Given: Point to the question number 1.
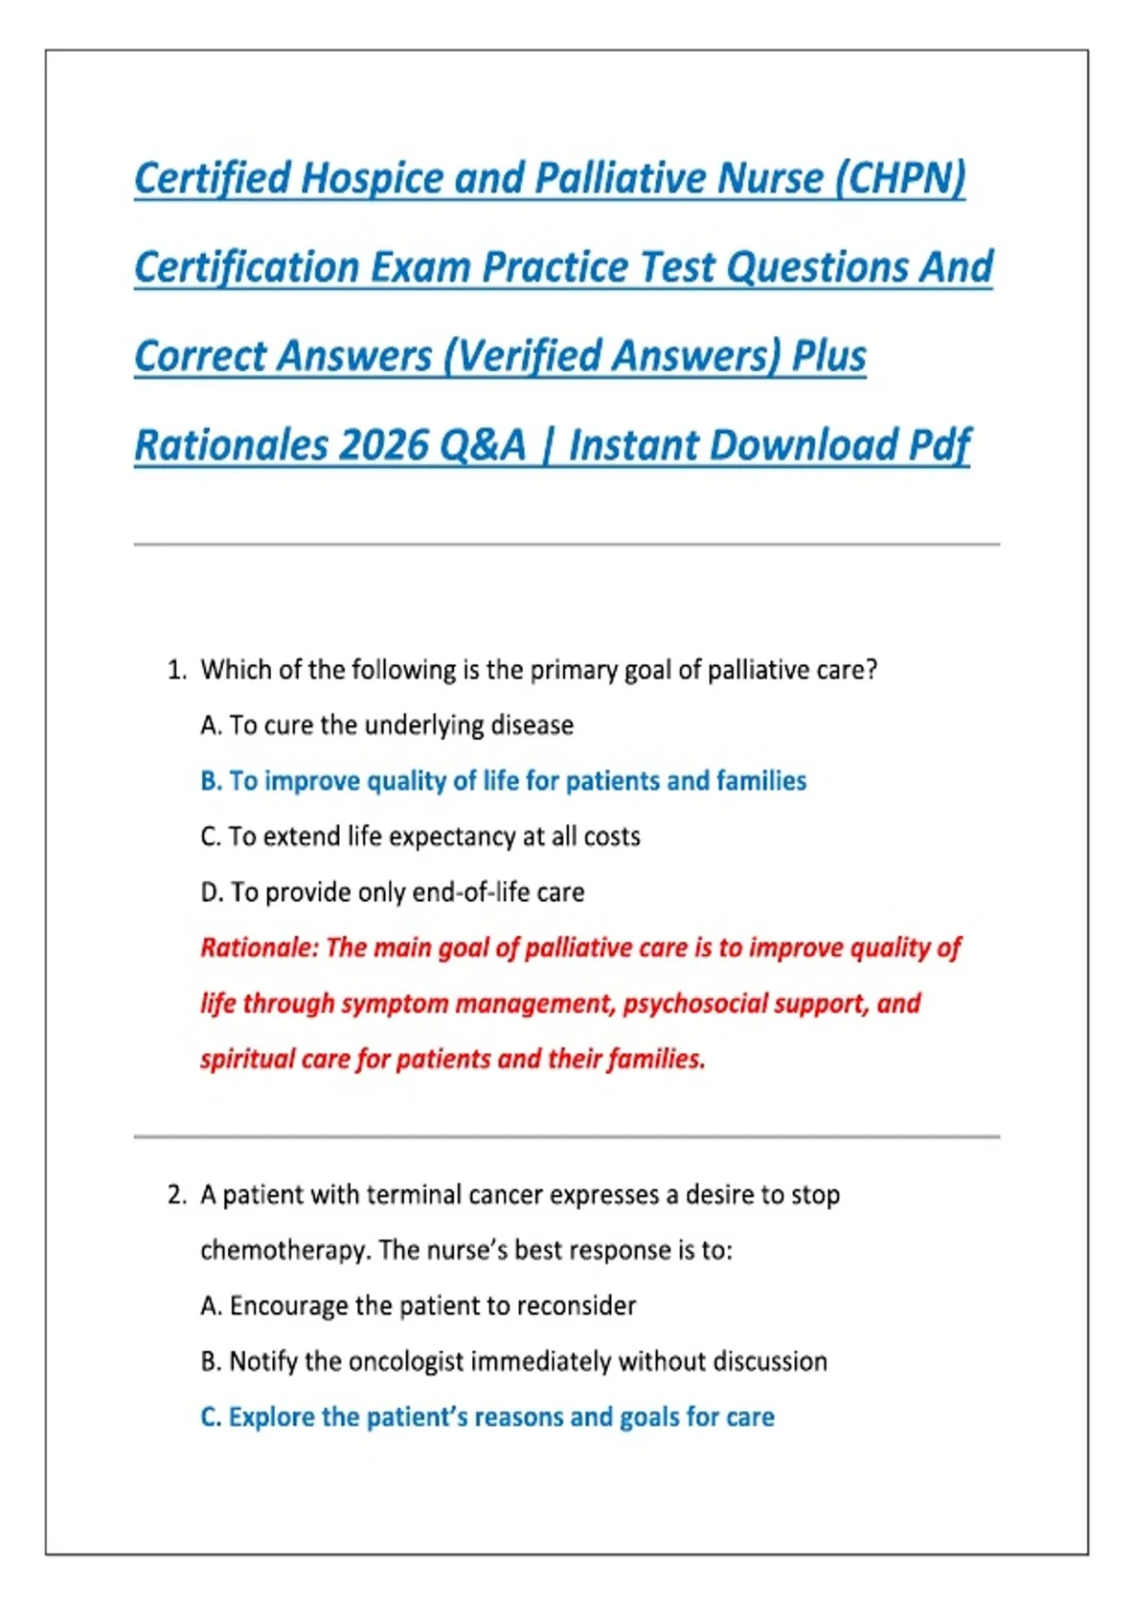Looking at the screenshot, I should click(176, 670).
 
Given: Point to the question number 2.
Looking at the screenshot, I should click(176, 1195).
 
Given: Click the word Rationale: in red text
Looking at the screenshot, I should click(260, 947).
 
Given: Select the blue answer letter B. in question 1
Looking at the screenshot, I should click(211, 781).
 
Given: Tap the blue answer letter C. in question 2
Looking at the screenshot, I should click(211, 1417).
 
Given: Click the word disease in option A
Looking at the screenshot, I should click(532, 726).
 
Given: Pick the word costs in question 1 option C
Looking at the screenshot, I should click(612, 837).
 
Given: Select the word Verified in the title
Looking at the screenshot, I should click(530, 357).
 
